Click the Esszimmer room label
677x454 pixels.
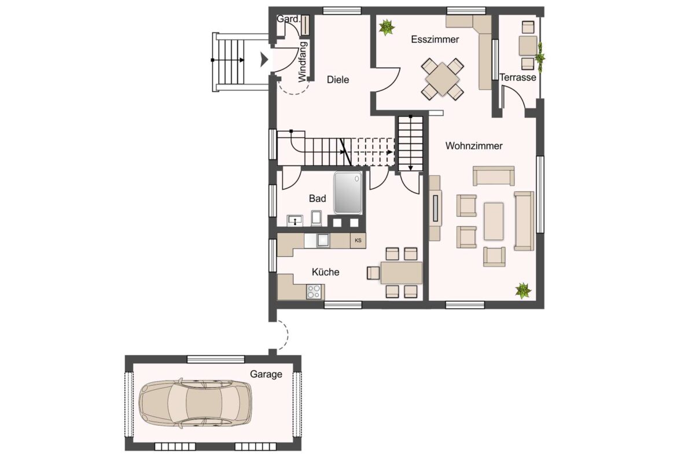[x=435, y=40]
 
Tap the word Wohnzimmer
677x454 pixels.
[x=474, y=146]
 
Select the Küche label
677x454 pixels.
[x=326, y=272]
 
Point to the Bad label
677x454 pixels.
[x=317, y=198]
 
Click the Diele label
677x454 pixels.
[x=338, y=79]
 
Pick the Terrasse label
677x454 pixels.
[x=518, y=77]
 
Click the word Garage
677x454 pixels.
[x=266, y=374]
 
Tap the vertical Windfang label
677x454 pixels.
[x=302, y=61]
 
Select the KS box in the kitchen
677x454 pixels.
[x=358, y=241]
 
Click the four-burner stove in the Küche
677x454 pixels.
[x=314, y=291]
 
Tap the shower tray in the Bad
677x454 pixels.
[x=348, y=193]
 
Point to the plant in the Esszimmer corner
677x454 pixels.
[x=387, y=28]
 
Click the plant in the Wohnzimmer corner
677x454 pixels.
[x=523, y=290]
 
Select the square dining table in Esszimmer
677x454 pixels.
[x=443, y=79]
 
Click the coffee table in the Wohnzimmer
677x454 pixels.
[x=494, y=221]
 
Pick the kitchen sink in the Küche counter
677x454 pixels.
[x=322, y=240]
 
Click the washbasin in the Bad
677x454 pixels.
[x=295, y=220]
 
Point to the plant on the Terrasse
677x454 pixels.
[x=540, y=57]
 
